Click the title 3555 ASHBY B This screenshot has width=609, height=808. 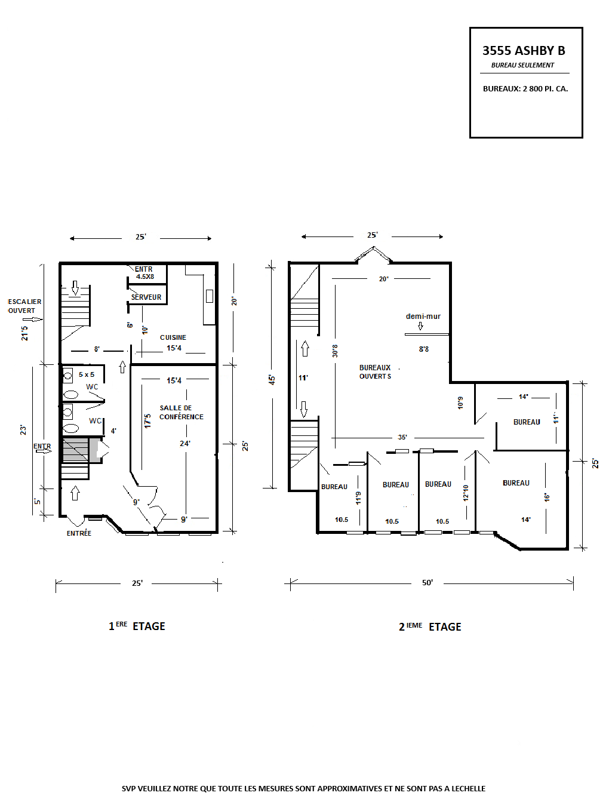coord(523,50)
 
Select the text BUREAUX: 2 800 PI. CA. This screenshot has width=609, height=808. coord(525,89)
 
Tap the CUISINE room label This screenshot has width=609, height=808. coord(173,337)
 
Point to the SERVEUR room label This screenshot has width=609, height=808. coord(146,297)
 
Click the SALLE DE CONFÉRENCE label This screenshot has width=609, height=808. coord(181,412)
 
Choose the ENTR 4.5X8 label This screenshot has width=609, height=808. coord(144,273)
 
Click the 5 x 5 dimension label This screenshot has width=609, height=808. coord(87,374)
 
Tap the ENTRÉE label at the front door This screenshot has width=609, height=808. coord(79,533)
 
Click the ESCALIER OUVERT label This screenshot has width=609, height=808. coord(24,306)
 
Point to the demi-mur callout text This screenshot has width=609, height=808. coord(423,316)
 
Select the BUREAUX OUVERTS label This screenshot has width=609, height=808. coord(375,372)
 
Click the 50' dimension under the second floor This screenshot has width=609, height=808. coord(427,582)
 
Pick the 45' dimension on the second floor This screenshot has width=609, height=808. coord(272,380)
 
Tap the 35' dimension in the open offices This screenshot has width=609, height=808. coord(402,437)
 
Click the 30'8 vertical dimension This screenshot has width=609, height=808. coord(334,351)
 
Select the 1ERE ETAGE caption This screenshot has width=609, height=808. coord(137,626)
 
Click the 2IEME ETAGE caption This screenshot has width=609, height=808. coord(430,626)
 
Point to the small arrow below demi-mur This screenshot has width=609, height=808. coord(420,326)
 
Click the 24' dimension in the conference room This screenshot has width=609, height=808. coord(184,444)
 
